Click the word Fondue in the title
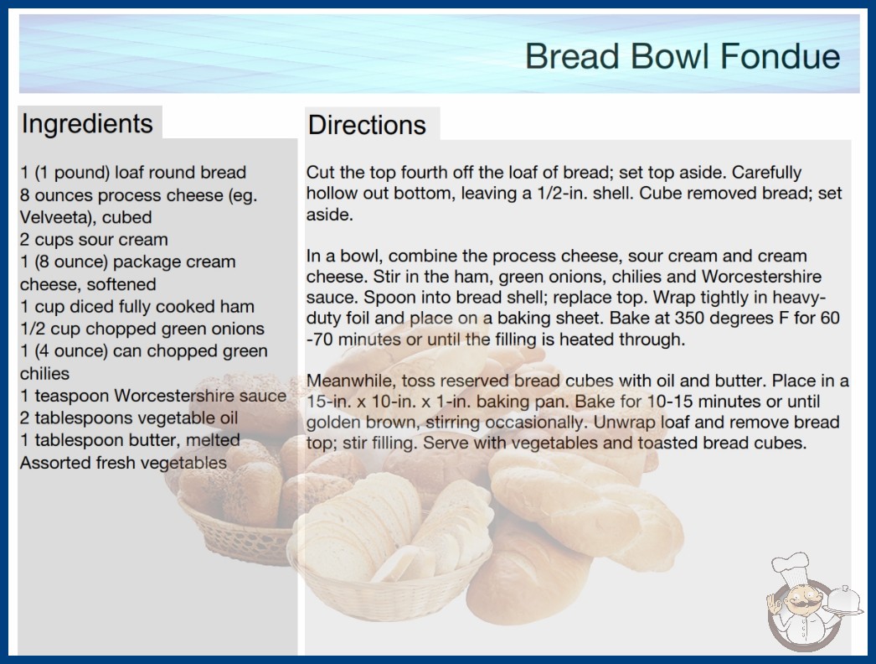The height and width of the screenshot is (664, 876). pyautogui.click(x=780, y=56)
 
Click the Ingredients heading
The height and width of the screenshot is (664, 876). pyautogui.click(x=87, y=123)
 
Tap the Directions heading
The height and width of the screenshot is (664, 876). pyautogui.click(x=367, y=125)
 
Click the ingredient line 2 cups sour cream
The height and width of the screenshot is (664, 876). pyautogui.click(x=94, y=240)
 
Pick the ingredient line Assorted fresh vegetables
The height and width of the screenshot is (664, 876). pyautogui.click(x=123, y=463)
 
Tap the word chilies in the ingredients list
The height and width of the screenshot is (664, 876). pyautogui.click(x=44, y=374)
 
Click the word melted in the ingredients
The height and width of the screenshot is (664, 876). pyautogui.click(x=213, y=440)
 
